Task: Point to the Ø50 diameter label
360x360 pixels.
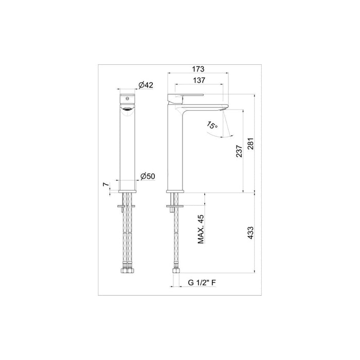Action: pos(148,176)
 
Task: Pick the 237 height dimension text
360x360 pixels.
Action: pos(238,152)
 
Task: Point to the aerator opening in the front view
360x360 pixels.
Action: pos(127,107)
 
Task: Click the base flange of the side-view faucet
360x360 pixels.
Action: pos(175,191)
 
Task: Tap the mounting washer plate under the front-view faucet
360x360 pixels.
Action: pos(127,207)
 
